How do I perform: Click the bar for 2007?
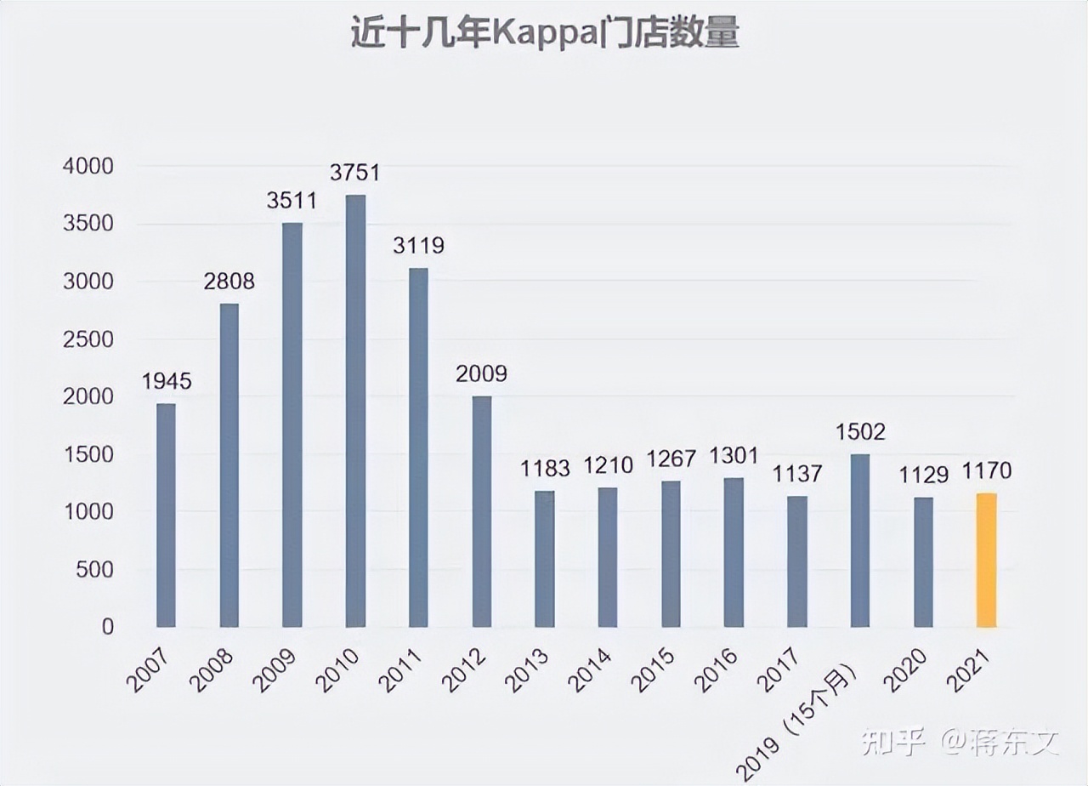(x=166, y=515)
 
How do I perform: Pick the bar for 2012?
(x=481, y=511)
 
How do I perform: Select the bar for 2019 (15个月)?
(x=860, y=540)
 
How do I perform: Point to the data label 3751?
(x=355, y=173)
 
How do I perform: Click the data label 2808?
(x=229, y=282)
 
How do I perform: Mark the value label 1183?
(x=545, y=468)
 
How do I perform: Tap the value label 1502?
(x=860, y=431)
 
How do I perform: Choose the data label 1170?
(x=987, y=470)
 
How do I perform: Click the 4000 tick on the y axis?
(x=88, y=167)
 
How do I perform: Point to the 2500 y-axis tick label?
(x=88, y=339)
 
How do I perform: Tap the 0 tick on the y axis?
(x=107, y=627)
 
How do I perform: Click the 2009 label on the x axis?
(x=275, y=670)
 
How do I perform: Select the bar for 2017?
(x=797, y=561)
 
